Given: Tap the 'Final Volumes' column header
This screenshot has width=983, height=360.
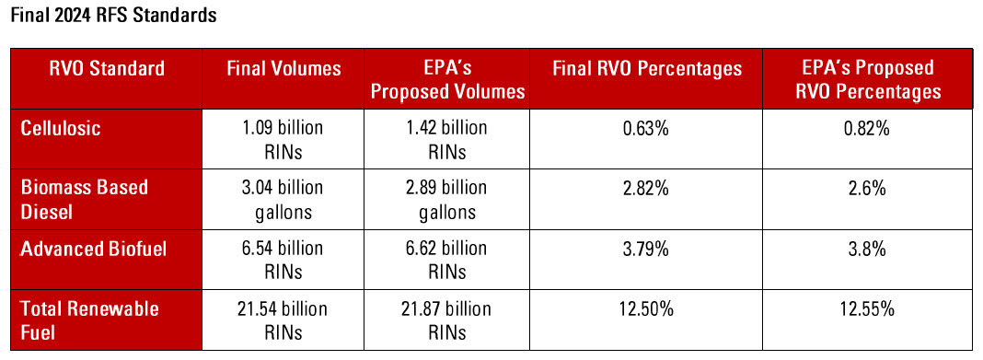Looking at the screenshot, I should click(x=283, y=68).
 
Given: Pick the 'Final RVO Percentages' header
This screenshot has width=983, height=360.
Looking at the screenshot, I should click(x=645, y=68).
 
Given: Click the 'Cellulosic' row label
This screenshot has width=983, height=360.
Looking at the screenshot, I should click(x=61, y=128).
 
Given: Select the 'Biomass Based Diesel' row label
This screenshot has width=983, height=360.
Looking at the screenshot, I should click(x=85, y=199).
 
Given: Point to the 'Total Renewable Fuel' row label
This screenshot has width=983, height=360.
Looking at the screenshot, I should click(x=89, y=319).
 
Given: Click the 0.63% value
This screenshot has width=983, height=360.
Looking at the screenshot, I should click(x=645, y=129).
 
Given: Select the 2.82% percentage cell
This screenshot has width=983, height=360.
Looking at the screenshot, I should click(x=645, y=189).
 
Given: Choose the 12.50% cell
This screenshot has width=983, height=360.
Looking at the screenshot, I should click(x=645, y=309).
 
